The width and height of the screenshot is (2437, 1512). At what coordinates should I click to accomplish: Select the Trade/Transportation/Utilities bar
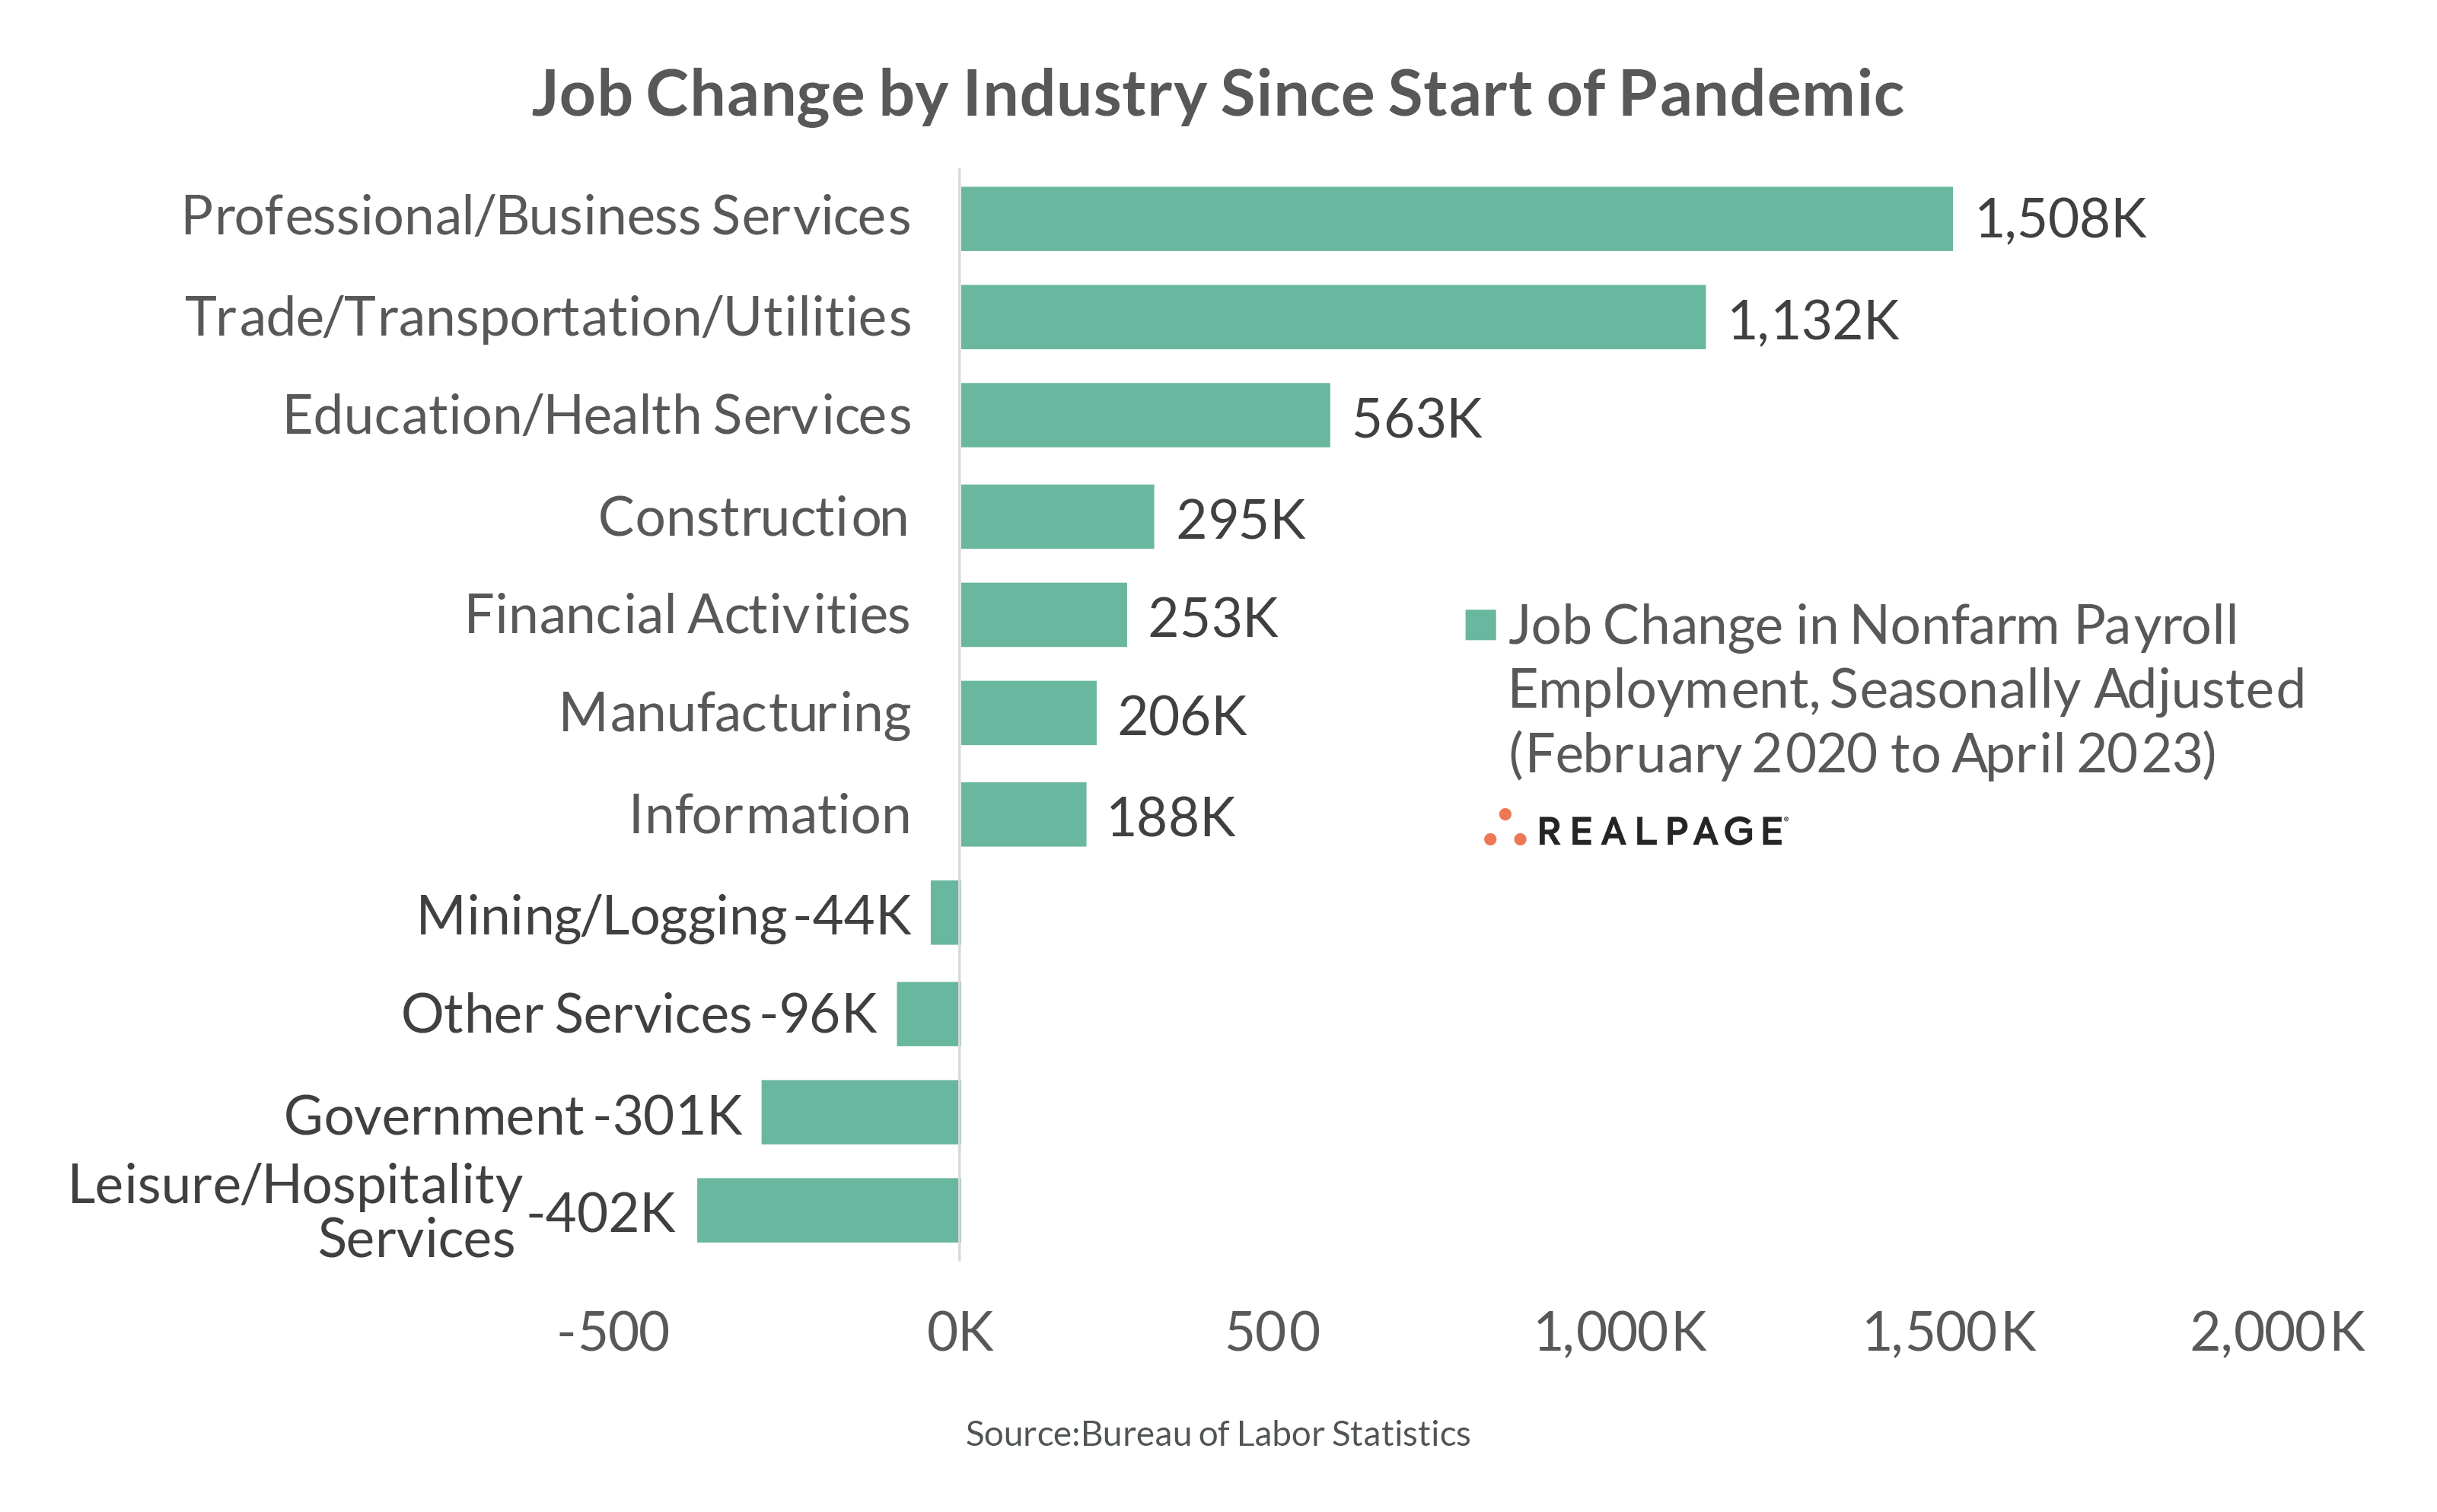1332,317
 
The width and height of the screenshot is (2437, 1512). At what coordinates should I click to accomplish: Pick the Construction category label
752,517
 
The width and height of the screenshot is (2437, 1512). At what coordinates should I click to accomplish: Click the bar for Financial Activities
1043,615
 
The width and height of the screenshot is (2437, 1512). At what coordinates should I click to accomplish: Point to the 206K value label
1181,716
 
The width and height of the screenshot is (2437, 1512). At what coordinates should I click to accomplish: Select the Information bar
1022,814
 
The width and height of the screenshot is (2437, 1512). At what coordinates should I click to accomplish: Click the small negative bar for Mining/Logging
944,912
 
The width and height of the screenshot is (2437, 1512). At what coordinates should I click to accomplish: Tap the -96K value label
819,1014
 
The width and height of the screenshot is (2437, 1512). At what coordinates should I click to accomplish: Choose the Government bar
859,1112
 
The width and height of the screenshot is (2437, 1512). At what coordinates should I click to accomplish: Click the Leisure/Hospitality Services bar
827,1210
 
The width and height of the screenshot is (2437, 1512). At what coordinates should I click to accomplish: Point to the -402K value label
602,1213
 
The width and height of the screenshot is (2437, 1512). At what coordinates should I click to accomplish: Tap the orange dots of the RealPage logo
1504,828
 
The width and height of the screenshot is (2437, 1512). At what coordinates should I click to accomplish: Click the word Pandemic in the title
1760,94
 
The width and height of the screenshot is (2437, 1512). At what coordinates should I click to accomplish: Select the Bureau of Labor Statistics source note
1217,1433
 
